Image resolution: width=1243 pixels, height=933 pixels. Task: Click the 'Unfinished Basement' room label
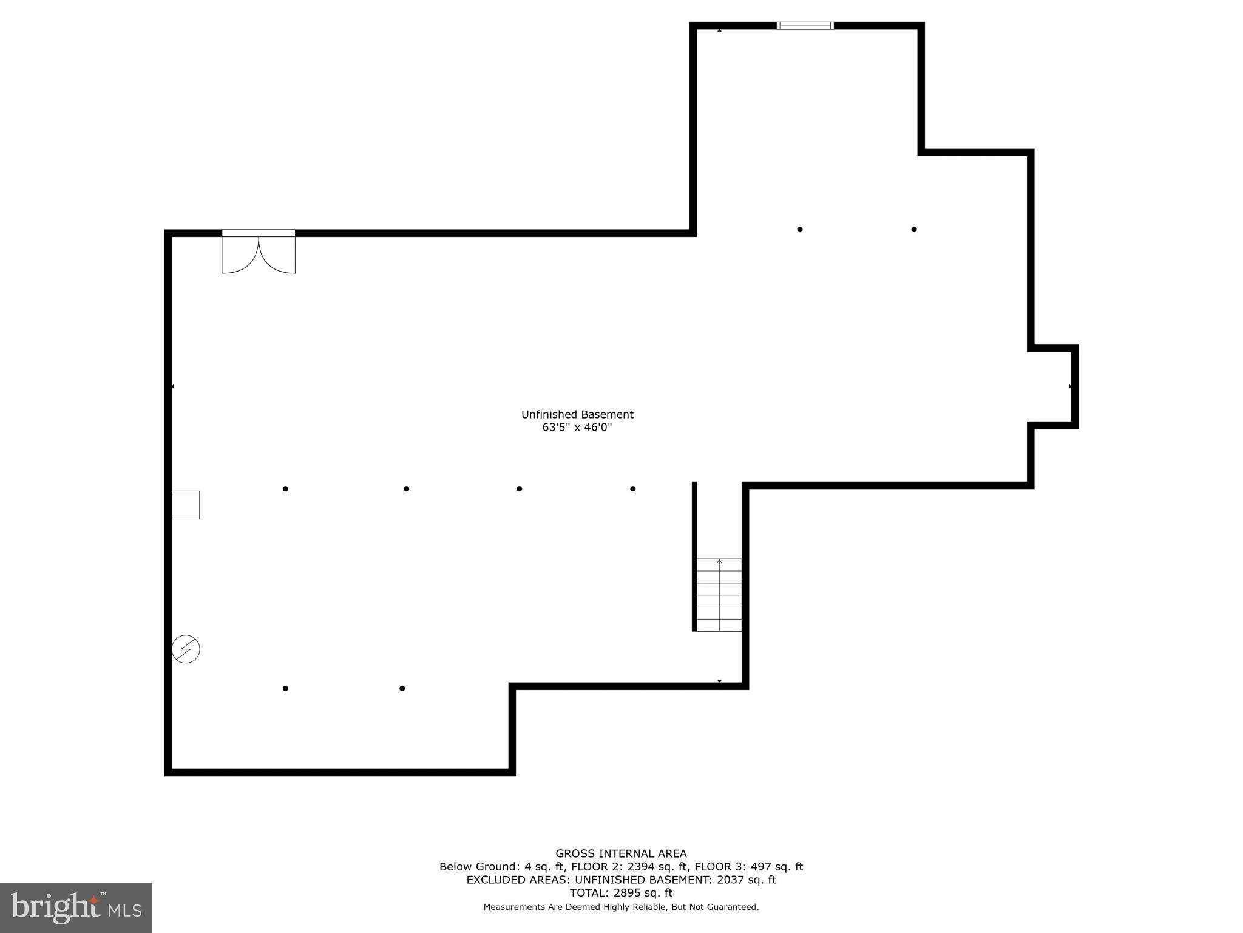coord(577,414)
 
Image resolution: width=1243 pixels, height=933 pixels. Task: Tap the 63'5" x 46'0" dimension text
coord(577,428)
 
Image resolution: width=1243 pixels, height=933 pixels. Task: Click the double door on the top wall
coord(259,252)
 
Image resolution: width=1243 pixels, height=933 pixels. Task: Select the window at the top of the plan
coord(805,26)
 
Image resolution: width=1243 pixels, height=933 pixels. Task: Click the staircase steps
coord(719,595)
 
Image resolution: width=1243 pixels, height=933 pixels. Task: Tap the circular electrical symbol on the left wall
coord(186,649)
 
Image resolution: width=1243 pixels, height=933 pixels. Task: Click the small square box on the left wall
coord(185,505)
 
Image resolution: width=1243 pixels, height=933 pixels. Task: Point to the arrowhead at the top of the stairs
coord(719,562)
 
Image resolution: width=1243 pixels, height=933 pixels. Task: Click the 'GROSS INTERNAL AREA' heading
coord(621,853)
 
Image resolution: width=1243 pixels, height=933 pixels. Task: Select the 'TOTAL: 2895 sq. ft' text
coord(621,893)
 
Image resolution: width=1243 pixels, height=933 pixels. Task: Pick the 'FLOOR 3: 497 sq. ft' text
coord(748,867)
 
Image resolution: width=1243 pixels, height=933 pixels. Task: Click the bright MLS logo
coord(76,908)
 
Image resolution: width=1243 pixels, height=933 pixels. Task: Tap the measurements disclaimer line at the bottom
coord(621,907)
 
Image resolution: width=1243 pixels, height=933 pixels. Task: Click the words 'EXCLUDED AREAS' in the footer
coord(518,880)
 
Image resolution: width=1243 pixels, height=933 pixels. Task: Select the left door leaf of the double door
coord(240,254)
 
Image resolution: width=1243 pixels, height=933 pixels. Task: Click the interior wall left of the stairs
coord(694,556)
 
